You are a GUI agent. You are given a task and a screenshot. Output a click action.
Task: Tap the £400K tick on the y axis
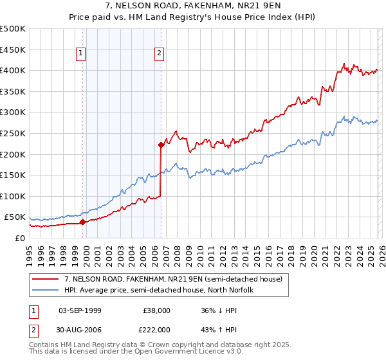coord(13,71)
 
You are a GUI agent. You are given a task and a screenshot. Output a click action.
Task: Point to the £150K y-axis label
coord(13,175)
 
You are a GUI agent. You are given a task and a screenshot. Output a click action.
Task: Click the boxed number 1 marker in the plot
coord(82,54)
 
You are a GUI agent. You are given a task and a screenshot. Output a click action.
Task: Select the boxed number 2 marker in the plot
coord(159,54)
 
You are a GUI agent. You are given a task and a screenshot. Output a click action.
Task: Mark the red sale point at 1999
coord(82,222)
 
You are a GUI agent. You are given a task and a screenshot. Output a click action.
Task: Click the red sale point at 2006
coord(161,145)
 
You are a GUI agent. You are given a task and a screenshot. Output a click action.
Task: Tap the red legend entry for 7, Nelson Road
coord(174,279)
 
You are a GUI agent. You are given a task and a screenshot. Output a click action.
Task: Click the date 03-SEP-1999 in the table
coord(80,310)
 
